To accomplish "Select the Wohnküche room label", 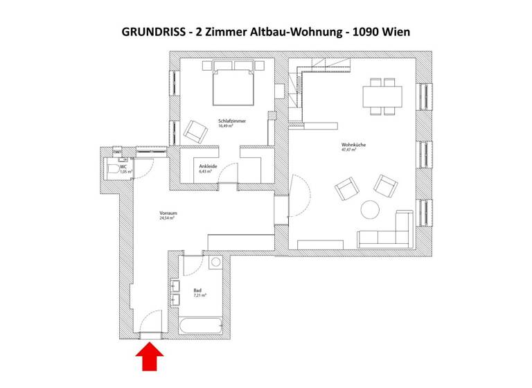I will (x=353, y=144).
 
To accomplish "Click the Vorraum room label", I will (x=168, y=213).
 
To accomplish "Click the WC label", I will (x=123, y=166).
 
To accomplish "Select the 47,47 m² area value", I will (x=348, y=150).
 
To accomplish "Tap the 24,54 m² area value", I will (x=167, y=218).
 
